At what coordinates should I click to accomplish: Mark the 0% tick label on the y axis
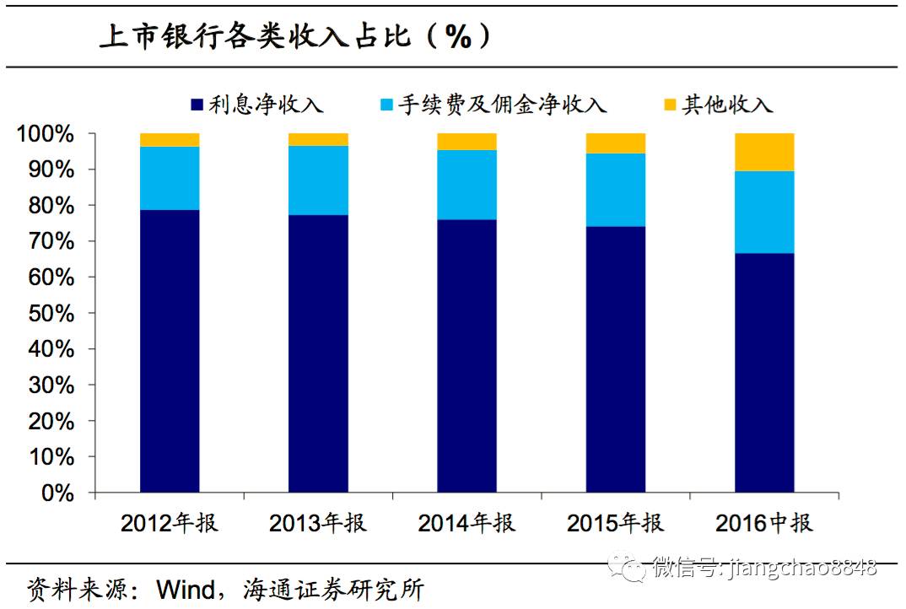click(58, 493)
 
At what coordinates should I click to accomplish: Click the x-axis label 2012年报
click(170, 523)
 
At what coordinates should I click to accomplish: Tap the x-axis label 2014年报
click(466, 523)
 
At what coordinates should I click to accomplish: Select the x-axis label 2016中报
click(764, 523)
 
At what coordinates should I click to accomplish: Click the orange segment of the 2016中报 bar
click(764, 152)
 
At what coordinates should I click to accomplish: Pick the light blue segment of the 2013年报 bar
click(318, 181)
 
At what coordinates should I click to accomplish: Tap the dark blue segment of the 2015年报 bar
click(616, 358)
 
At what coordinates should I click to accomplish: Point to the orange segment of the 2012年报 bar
click(170, 140)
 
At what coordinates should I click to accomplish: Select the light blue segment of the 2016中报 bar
click(764, 212)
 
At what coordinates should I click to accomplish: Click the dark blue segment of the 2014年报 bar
click(466, 355)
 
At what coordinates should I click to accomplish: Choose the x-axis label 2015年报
click(616, 523)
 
